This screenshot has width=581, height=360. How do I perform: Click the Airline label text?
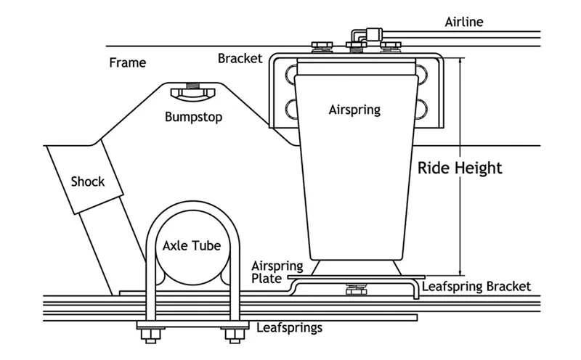[x=463, y=22]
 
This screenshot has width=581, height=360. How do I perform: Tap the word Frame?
[x=127, y=62]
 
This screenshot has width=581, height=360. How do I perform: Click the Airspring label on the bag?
[x=354, y=110]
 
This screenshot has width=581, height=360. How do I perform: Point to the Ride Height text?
[x=460, y=168]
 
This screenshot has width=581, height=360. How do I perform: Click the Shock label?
[x=87, y=181]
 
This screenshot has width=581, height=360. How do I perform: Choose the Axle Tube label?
[x=191, y=245]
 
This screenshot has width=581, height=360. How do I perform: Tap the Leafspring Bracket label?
[x=476, y=287]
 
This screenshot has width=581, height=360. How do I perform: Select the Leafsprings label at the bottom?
[x=289, y=327]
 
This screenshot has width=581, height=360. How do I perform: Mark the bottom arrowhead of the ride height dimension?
[x=460, y=269]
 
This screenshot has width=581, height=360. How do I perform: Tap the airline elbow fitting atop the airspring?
[x=359, y=34]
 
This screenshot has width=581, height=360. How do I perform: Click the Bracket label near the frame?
[x=240, y=58]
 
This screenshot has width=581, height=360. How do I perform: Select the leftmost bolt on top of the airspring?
[x=320, y=50]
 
